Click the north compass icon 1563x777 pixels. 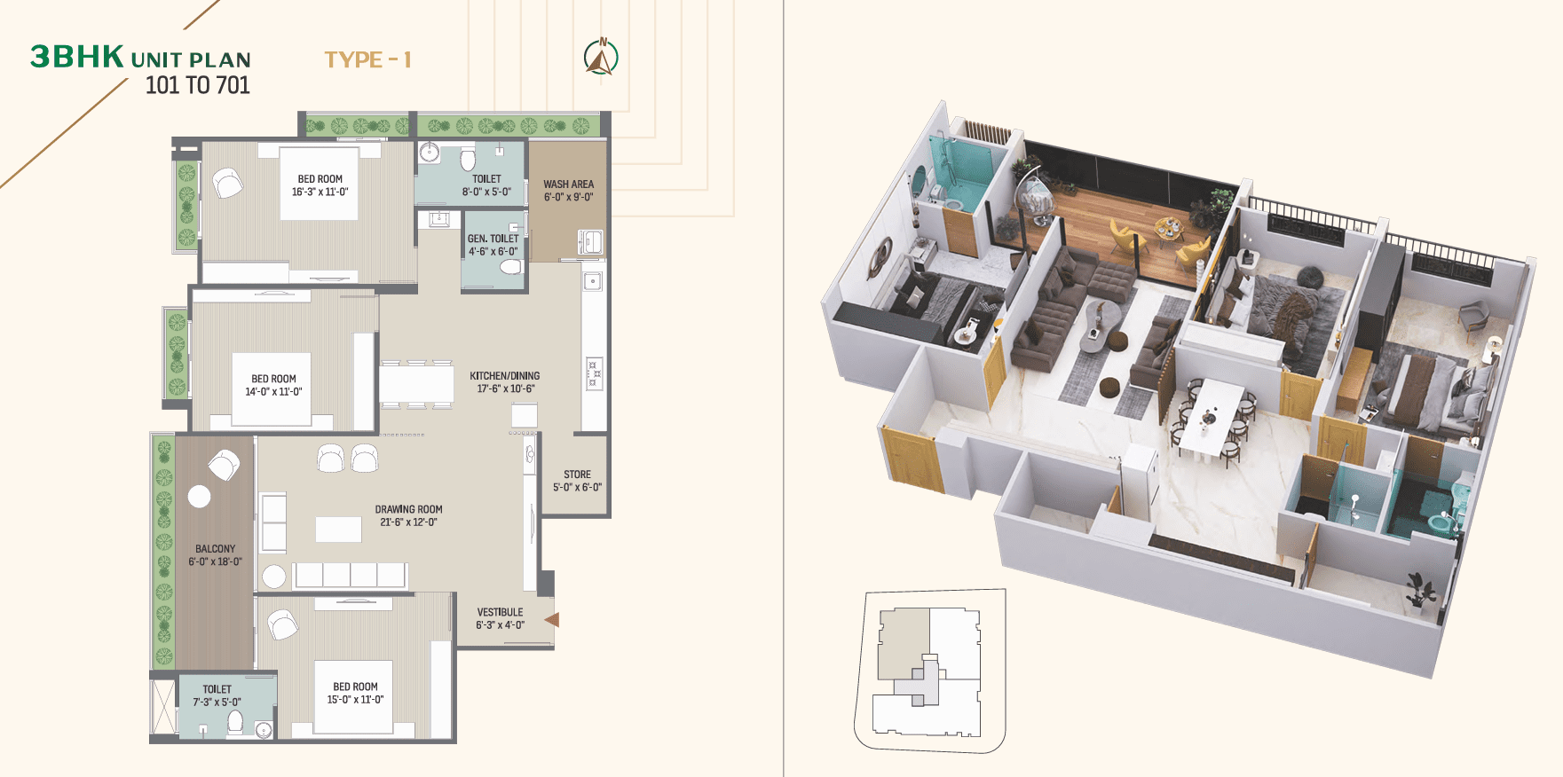602,59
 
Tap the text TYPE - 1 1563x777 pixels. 367,59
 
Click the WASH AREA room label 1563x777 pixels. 569,184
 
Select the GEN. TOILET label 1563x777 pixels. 493,239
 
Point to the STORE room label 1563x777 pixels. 577,475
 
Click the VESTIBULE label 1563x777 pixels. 500,612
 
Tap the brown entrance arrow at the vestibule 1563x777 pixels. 552,620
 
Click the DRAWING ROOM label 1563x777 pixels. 408,509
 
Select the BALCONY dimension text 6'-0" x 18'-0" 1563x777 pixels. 215,561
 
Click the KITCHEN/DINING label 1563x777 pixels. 504,376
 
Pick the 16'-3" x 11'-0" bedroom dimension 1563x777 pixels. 320,192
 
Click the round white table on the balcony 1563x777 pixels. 200,497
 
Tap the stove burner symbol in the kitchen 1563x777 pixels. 594,373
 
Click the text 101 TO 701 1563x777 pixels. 197,85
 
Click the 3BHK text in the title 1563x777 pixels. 77,57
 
